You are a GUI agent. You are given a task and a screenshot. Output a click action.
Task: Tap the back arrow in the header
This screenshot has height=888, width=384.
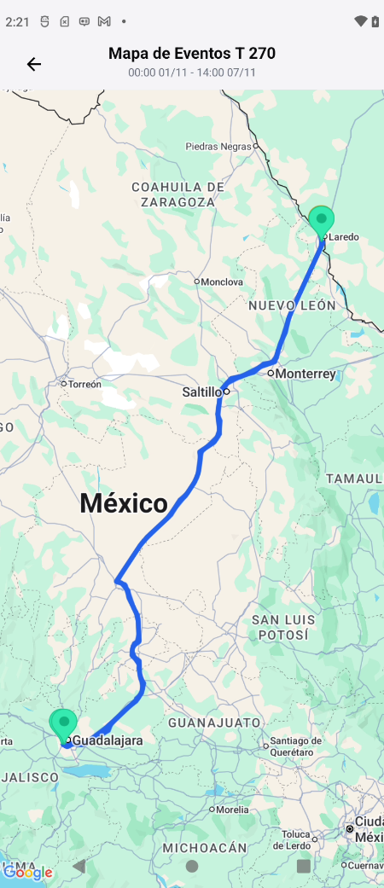tap(34, 64)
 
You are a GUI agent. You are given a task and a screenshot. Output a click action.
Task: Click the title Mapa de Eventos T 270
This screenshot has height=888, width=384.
tap(192, 54)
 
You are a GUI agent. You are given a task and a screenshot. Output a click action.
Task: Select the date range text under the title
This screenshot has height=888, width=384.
tap(192, 73)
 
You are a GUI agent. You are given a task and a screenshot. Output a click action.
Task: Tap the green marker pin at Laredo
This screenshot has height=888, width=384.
tap(322, 221)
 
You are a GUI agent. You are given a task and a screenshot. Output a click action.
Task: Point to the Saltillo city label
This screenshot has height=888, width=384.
tap(202, 392)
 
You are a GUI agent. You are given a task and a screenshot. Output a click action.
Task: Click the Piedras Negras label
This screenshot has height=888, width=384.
tap(218, 147)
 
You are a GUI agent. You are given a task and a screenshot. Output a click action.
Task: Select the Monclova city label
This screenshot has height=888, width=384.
tap(222, 281)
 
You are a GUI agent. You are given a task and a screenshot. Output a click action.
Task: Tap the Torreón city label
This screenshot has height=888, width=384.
tap(84, 384)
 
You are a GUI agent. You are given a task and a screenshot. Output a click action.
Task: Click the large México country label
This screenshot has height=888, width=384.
tap(124, 503)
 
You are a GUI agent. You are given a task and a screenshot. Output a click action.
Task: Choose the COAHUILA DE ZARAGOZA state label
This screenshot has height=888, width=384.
tap(178, 194)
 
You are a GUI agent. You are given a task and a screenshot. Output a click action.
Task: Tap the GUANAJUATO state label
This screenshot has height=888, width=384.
tap(214, 723)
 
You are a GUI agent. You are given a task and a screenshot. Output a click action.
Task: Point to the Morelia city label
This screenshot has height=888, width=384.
tap(233, 810)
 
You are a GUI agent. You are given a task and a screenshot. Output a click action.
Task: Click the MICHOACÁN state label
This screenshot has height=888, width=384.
tap(205, 848)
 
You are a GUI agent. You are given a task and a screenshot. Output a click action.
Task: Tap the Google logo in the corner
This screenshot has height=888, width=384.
tap(27, 872)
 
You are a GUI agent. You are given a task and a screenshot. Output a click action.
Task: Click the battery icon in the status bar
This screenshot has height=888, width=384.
tap(375, 21)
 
